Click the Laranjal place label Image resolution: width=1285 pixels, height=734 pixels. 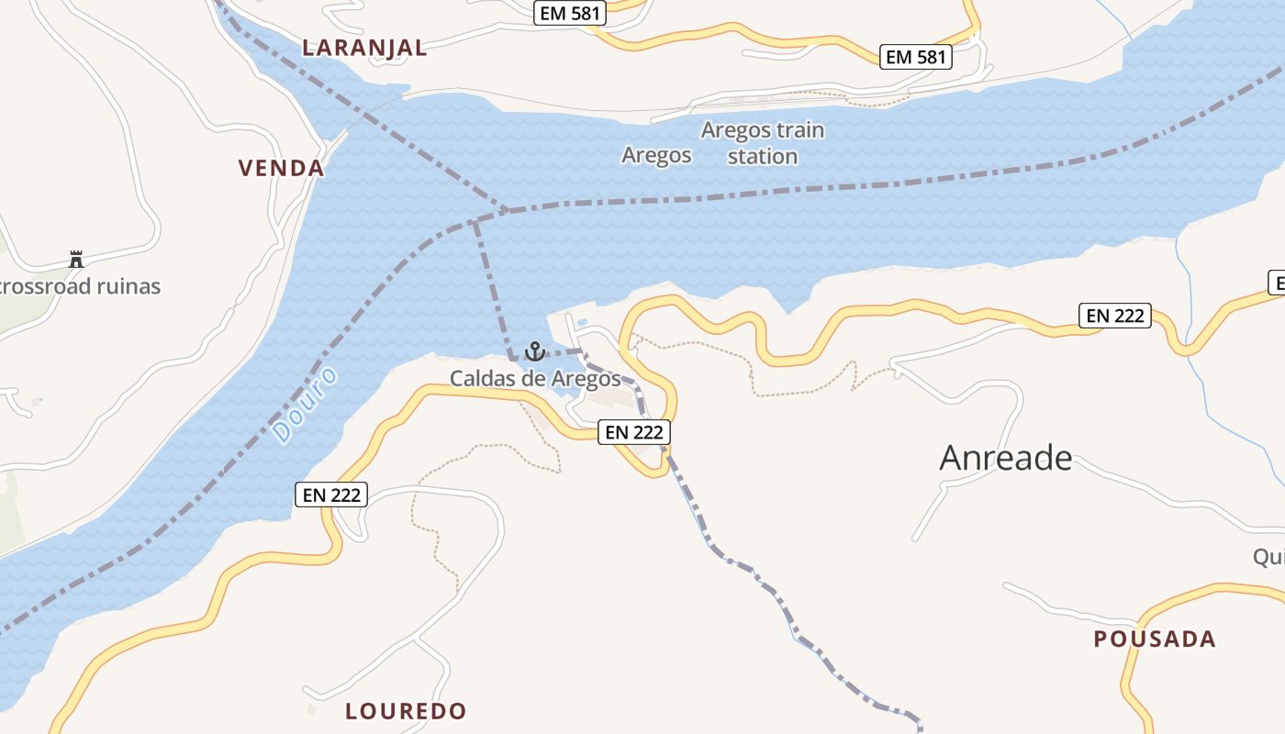coord(365,48)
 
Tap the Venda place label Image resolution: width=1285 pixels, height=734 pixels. coord(282,168)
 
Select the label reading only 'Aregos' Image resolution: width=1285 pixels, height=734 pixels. coord(656,155)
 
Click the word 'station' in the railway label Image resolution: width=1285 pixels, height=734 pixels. coord(762,157)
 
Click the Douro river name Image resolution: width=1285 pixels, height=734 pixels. coord(306,406)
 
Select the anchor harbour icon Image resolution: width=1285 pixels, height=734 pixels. coord(534,351)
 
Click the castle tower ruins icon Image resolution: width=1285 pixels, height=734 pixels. coord(76,260)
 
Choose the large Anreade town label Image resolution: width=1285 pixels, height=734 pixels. coord(1006,457)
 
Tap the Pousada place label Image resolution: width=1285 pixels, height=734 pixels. coord(1155,639)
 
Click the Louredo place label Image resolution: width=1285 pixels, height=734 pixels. coord(406,711)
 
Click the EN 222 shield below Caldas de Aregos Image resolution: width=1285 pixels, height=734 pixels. coord(634,432)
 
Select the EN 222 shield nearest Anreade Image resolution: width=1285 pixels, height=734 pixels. coord(1114,316)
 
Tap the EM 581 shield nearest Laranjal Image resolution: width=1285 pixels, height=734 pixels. coord(568,14)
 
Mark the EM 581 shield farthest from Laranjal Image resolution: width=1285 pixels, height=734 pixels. coord(914,57)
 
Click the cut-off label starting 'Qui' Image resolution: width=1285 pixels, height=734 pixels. coord(1268,557)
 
